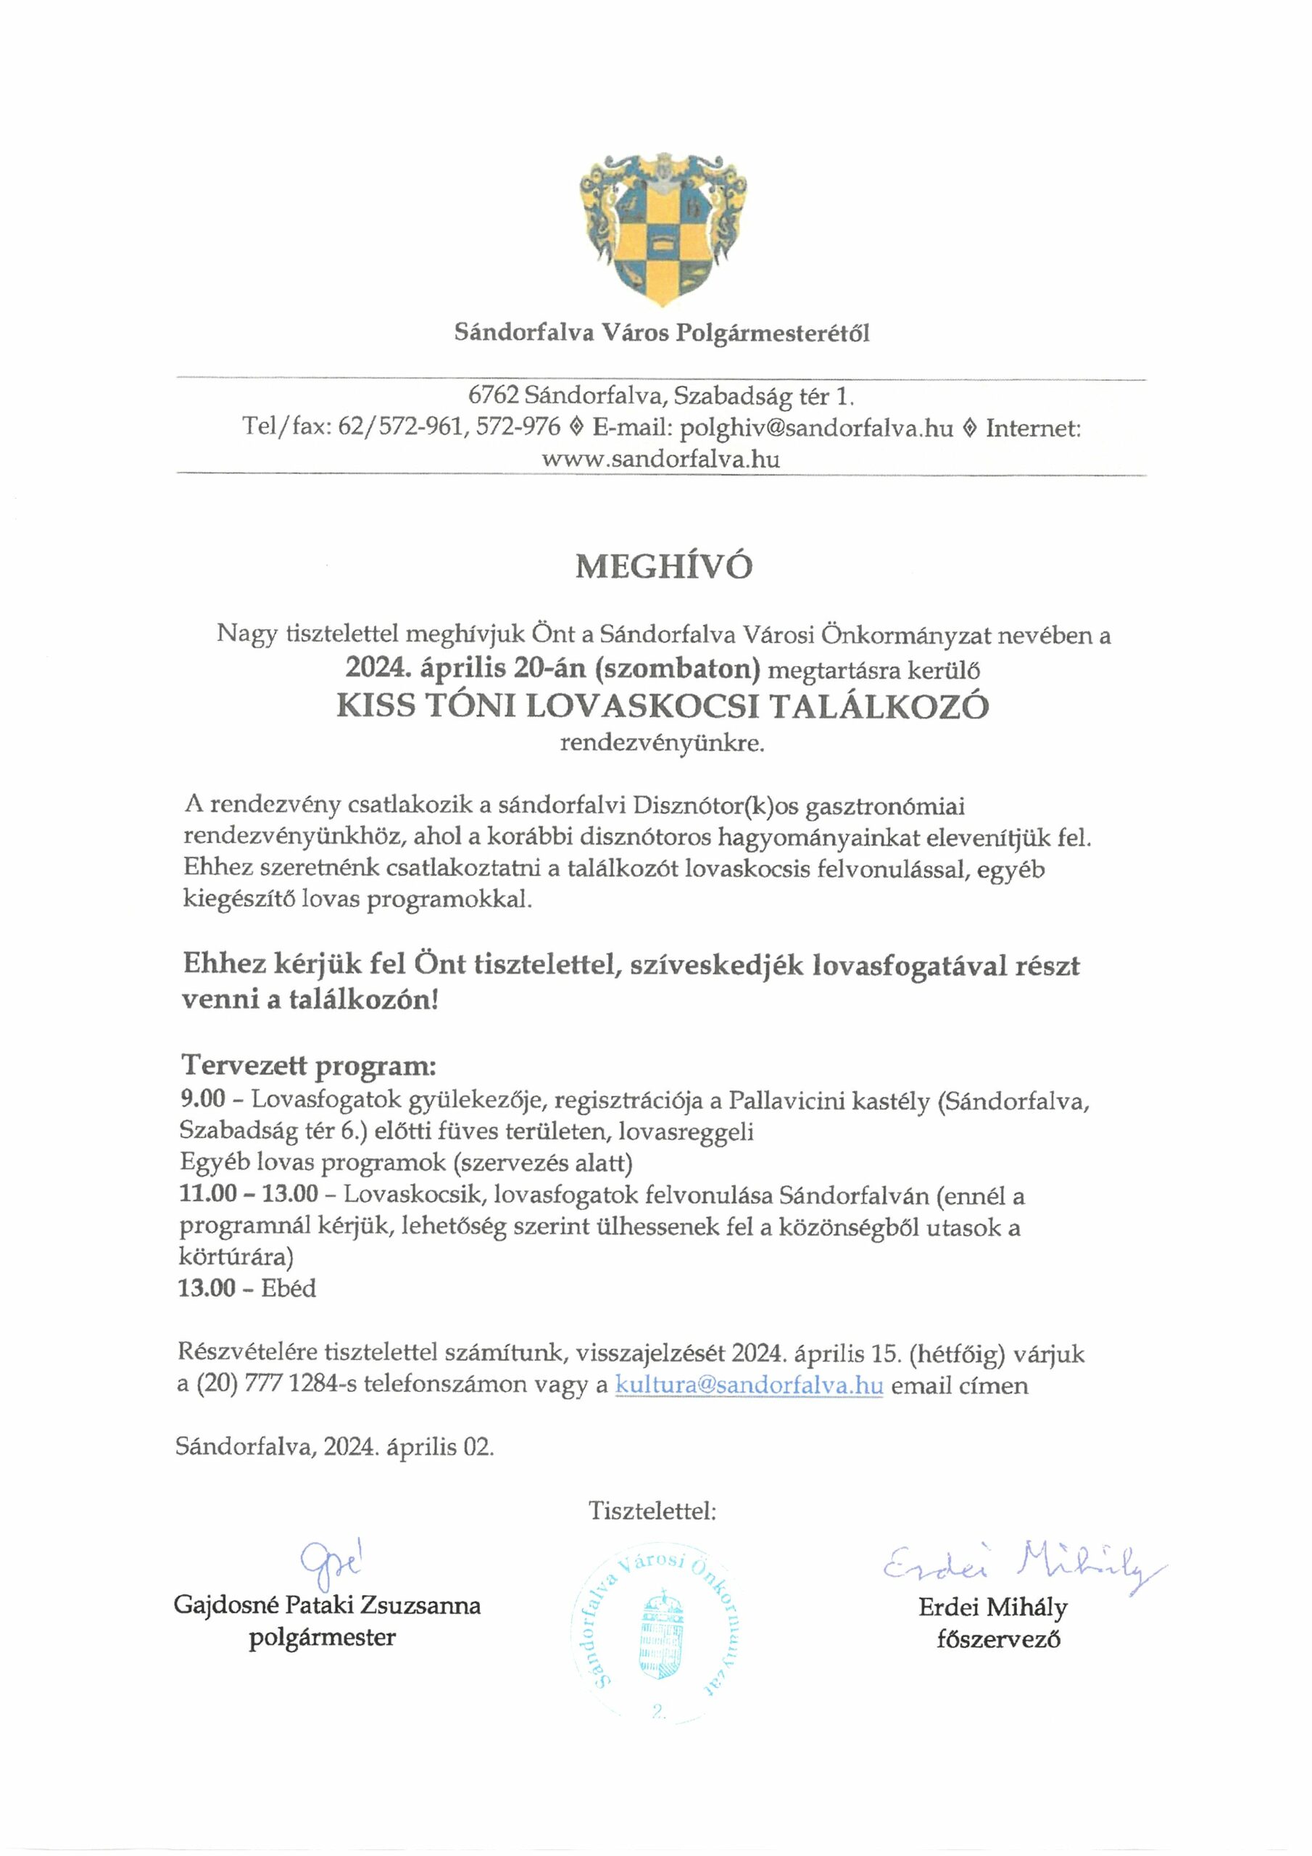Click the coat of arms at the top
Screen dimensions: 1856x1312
click(x=662, y=229)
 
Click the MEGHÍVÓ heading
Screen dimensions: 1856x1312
click(x=663, y=567)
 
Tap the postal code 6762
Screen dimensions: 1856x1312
click(x=493, y=396)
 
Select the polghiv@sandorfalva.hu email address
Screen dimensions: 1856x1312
click(x=816, y=428)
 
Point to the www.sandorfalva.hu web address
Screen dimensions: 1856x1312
click(x=660, y=459)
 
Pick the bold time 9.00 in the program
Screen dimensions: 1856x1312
click(x=202, y=1099)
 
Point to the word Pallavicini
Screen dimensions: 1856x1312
click(x=788, y=1100)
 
